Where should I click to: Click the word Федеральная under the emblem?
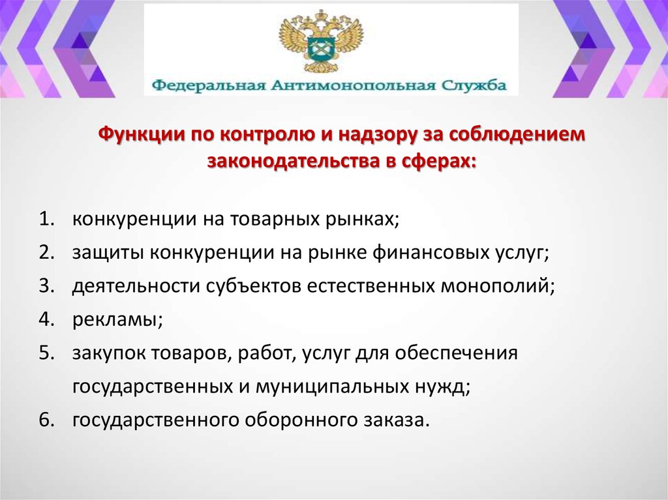[209, 86]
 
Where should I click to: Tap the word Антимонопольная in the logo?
[354, 85]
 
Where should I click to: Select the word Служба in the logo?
[474, 85]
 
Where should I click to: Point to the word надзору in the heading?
[377, 134]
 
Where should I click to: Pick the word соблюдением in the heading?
[517, 134]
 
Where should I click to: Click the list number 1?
[46, 219]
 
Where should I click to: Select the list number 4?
[46, 319]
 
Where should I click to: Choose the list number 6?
[46, 420]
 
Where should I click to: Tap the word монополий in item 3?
[496, 286]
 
